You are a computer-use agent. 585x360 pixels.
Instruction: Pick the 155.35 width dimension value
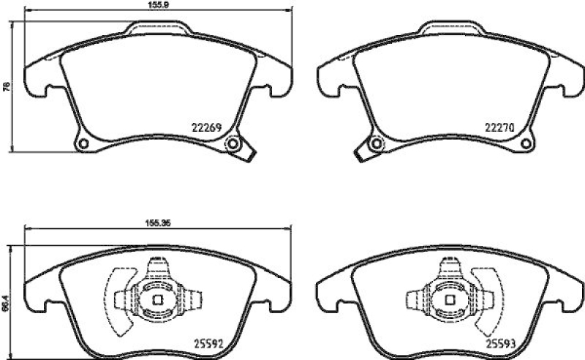[156, 225]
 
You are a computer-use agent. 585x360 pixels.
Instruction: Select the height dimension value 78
[7, 86]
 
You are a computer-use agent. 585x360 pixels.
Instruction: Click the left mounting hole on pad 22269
[83, 143]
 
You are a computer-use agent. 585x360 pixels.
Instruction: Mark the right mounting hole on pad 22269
[234, 143]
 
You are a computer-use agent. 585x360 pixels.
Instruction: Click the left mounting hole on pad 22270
[376, 143]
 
